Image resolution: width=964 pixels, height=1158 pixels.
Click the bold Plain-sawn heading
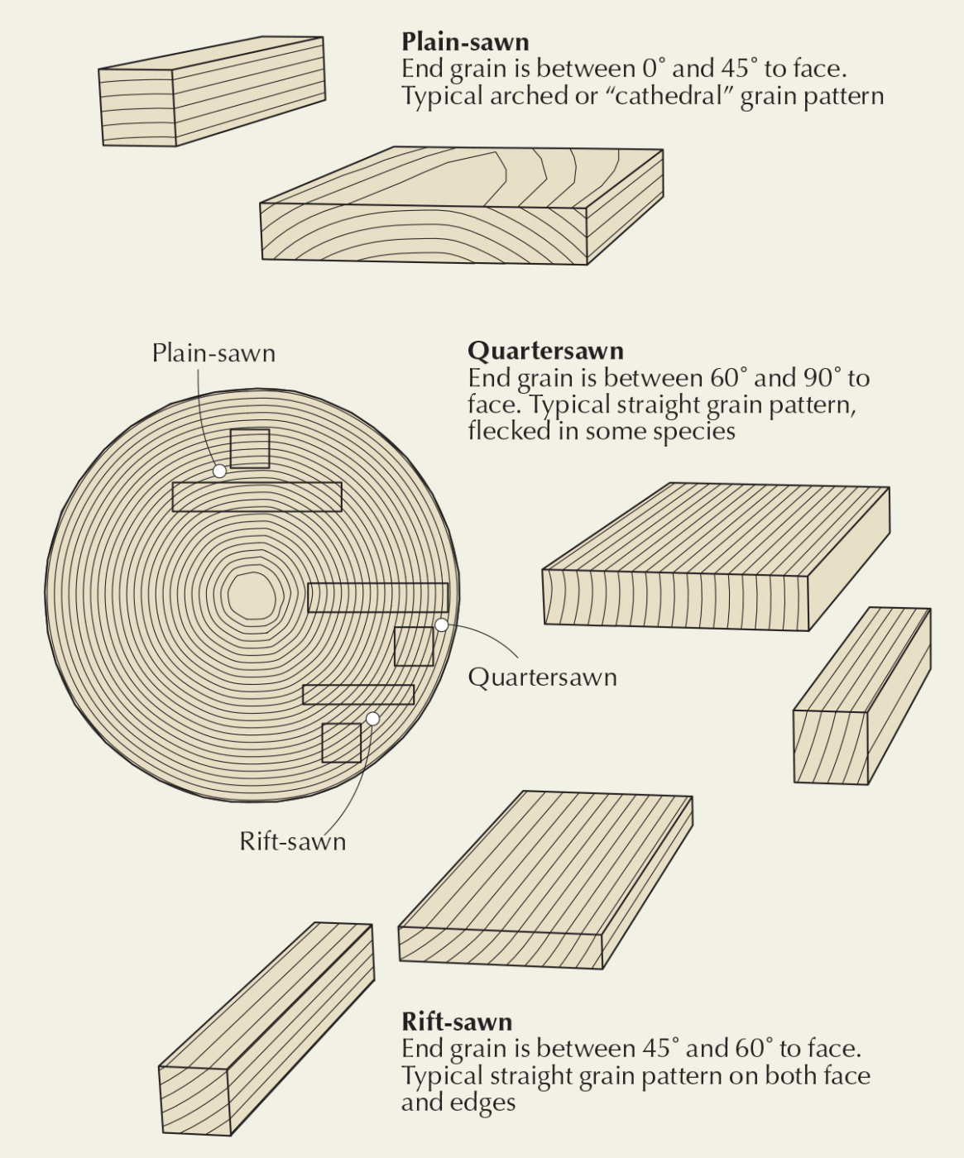click(x=465, y=42)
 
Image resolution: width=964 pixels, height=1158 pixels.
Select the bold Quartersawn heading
click(x=545, y=351)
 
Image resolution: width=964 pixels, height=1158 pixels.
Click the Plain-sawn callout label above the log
click(x=213, y=353)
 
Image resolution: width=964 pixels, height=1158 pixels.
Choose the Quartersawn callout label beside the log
click(x=542, y=677)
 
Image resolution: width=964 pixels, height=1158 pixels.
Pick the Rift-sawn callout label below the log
click(x=293, y=841)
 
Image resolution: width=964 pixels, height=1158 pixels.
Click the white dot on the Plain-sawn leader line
click(x=219, y=471)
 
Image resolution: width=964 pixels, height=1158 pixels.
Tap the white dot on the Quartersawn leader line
click(x=441, y=625)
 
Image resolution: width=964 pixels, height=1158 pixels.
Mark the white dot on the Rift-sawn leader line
click(x=372, y=719)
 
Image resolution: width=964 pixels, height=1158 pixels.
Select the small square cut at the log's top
click(x=250, y=449)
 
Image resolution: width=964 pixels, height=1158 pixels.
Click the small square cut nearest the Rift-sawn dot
click(x=342, y=743)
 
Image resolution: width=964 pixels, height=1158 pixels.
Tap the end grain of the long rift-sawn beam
click(x=195, y=1100)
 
